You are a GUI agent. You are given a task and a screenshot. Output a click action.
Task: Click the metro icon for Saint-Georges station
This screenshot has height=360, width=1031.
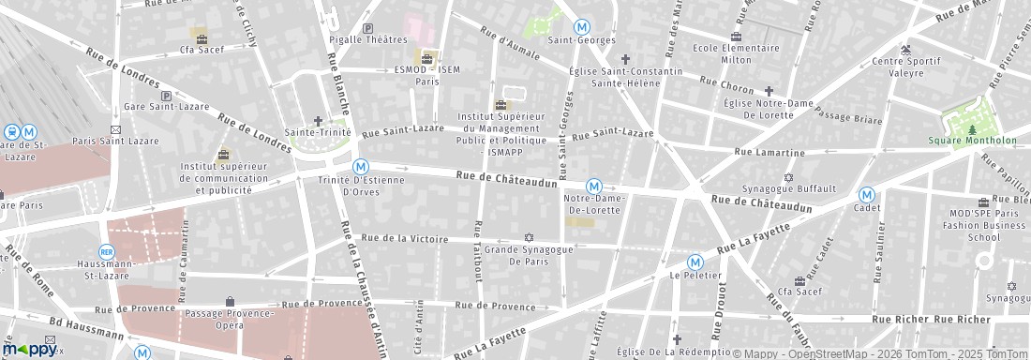(582, 27)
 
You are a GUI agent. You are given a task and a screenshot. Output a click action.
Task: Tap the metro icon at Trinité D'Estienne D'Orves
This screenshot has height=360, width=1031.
(360, 167)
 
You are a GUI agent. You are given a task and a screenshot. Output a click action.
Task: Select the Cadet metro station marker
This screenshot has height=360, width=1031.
(867, 195)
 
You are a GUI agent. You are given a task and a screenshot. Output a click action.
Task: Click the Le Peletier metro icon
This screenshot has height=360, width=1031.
(695, 262)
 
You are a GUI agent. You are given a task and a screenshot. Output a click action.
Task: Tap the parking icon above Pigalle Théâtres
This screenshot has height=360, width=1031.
(367, 29)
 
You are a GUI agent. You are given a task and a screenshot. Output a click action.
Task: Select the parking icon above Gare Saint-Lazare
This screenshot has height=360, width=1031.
(166, 96)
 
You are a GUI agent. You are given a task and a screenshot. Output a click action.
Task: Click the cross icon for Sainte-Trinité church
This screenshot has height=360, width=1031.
(318, 121)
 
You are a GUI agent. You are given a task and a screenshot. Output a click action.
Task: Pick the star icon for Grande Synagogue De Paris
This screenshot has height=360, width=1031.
(529, 238)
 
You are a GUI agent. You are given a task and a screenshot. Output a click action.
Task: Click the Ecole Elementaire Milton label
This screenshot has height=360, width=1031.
(736, 53)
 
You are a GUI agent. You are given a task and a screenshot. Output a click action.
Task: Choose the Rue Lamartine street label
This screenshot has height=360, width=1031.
(769, 152)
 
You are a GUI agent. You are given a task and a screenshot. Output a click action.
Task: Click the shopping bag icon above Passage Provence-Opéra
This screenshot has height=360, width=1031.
(230, 301)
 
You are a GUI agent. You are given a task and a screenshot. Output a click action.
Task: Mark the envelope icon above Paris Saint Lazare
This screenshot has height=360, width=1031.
(116, 129)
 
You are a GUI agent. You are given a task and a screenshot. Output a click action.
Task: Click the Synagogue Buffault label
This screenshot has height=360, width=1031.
(788, 188)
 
